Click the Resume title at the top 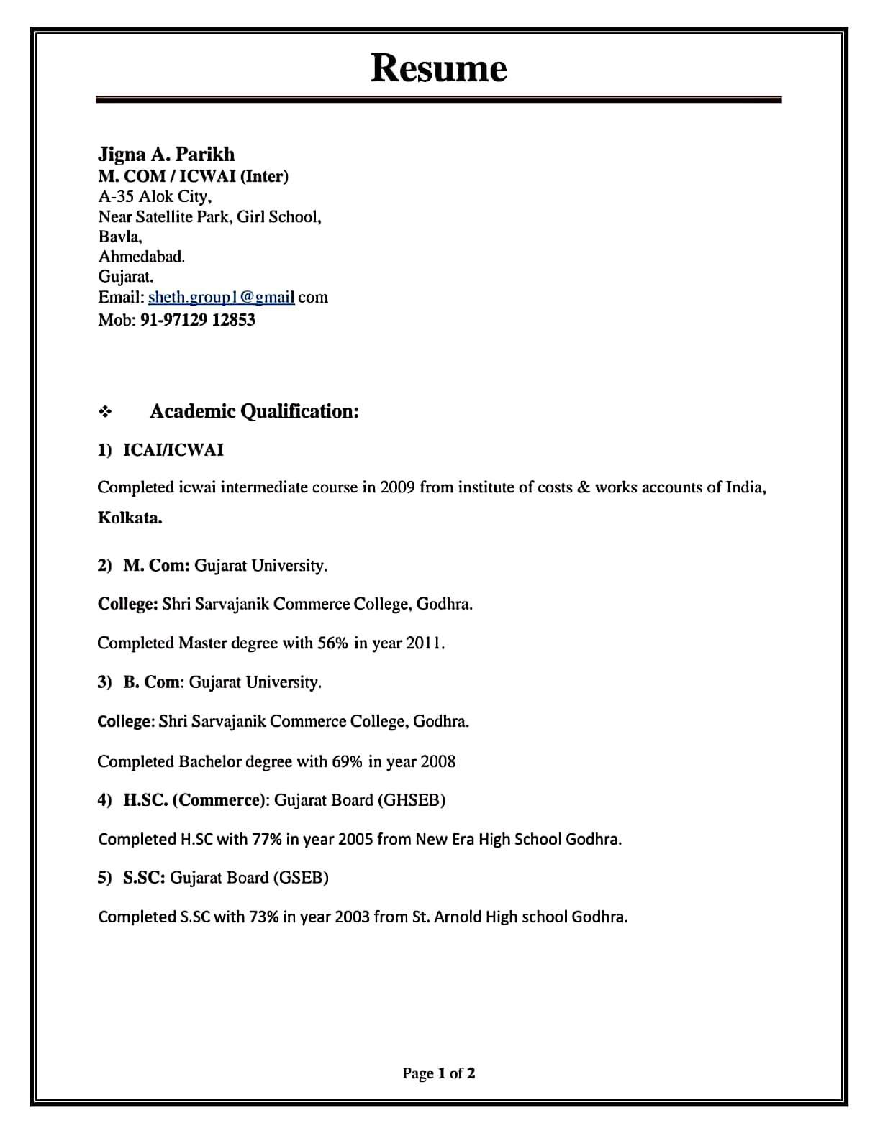[x=438, y=68]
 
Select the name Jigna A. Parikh [x=166, y=155]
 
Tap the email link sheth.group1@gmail [x=222, y=298]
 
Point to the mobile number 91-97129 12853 [x=197, y=320]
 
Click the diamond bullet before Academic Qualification [x=105, y=412]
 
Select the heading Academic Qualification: [x=254, y=411]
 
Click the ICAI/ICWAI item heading [x=173, y=450]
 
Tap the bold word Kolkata [x=130, y=518]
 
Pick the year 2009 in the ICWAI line [x=397, y=487]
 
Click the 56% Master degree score [x=332, y=643]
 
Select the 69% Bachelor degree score [x=347, y=761]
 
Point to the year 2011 [x=425, y=643]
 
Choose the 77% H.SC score [x=266, y=839]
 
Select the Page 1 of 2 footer [x=438, y=1073]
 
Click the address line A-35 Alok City [x=155, y=196]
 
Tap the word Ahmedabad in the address [x=142, y=257]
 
